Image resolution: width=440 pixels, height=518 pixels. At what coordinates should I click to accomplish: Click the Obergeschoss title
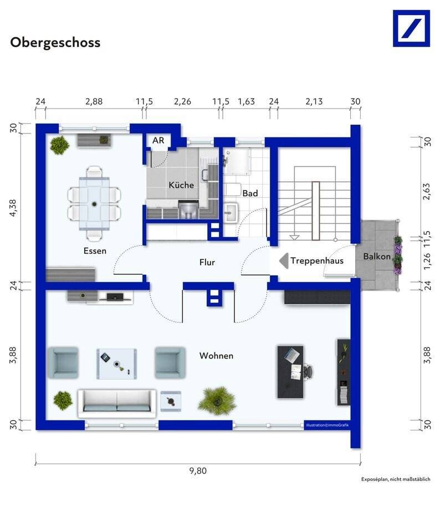(55, 43)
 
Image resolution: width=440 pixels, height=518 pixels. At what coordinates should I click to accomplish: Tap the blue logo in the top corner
(411, 28)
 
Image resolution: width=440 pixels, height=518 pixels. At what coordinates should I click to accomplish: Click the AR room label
(158, 140)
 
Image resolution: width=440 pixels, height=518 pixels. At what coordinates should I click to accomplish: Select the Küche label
(181, 185)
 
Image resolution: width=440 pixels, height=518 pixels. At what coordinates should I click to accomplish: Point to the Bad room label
(250, 193)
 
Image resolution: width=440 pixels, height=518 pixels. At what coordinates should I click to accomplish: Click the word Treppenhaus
(317, 261)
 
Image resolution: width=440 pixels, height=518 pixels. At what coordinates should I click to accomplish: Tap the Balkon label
(377, 257)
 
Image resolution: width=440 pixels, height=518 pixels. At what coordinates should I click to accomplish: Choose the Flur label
(207, 262)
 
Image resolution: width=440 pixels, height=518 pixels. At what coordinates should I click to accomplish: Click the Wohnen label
(216, 356)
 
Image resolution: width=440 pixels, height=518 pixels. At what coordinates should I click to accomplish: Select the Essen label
(95, 251)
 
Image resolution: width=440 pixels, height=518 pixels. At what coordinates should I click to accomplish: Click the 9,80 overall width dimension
(198, 470)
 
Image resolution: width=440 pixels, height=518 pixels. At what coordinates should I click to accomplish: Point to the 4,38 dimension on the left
(13, 208)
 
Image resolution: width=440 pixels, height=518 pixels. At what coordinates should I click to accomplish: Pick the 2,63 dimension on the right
(427, 191)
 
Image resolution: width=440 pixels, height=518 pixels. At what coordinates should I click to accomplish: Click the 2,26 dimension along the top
(182, 101)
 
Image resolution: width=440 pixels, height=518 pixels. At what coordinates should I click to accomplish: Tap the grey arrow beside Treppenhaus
(284, 261)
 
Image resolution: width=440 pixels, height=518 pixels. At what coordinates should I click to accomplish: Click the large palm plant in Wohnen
(217, 401)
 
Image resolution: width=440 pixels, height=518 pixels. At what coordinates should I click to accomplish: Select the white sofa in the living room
(117, 403)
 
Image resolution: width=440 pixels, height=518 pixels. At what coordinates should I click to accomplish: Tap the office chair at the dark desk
(308, 371)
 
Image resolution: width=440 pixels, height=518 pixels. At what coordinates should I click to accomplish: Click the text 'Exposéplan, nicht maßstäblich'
(396, 479)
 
